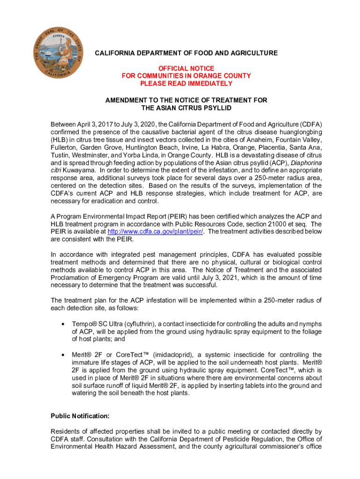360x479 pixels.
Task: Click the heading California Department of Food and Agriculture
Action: (186, 53)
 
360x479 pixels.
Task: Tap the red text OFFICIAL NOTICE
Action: (186, 68)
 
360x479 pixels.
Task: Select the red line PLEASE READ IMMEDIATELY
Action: (186, 83)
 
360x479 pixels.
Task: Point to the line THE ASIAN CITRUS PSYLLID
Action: (186, 108)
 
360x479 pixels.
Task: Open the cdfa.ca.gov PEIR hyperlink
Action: (155, 232)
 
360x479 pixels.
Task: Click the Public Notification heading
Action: (80, 415)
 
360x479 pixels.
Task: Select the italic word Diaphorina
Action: (304, 163)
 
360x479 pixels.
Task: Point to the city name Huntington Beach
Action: (148, 147)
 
